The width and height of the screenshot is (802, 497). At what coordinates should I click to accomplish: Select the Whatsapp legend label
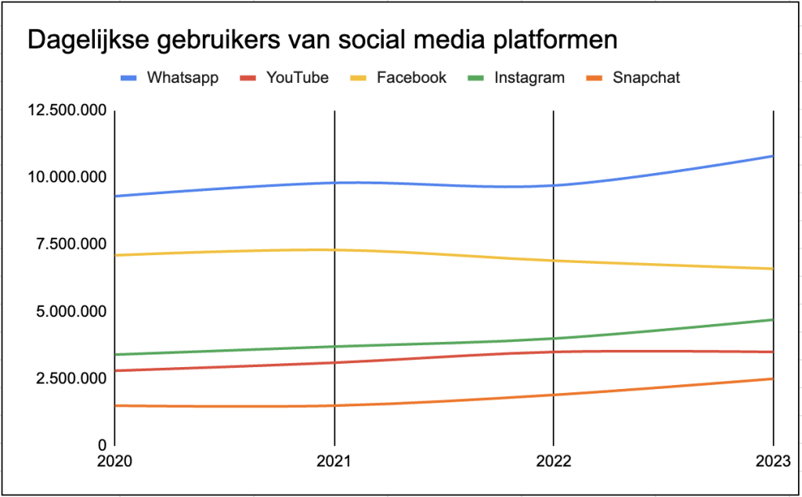182,77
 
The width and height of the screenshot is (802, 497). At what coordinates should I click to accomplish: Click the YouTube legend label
297,77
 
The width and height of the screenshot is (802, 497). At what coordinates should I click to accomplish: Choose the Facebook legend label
411,77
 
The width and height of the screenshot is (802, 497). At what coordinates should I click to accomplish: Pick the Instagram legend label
529,77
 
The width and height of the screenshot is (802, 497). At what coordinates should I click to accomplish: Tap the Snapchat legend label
647,77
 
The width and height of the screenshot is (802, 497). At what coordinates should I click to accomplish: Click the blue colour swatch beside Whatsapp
129,78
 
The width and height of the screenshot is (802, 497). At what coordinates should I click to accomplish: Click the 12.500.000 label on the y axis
66,110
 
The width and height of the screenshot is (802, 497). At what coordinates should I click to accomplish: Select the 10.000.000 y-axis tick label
66,178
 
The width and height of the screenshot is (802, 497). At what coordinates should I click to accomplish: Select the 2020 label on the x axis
114,461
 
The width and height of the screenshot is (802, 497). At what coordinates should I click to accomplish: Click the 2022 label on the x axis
554,461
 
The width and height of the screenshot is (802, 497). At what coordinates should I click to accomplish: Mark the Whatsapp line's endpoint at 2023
773,156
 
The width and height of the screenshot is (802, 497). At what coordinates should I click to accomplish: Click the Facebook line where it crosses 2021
334,250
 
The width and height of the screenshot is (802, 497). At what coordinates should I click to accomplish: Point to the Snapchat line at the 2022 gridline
554,394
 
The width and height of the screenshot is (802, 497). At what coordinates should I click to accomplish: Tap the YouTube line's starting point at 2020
115,370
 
